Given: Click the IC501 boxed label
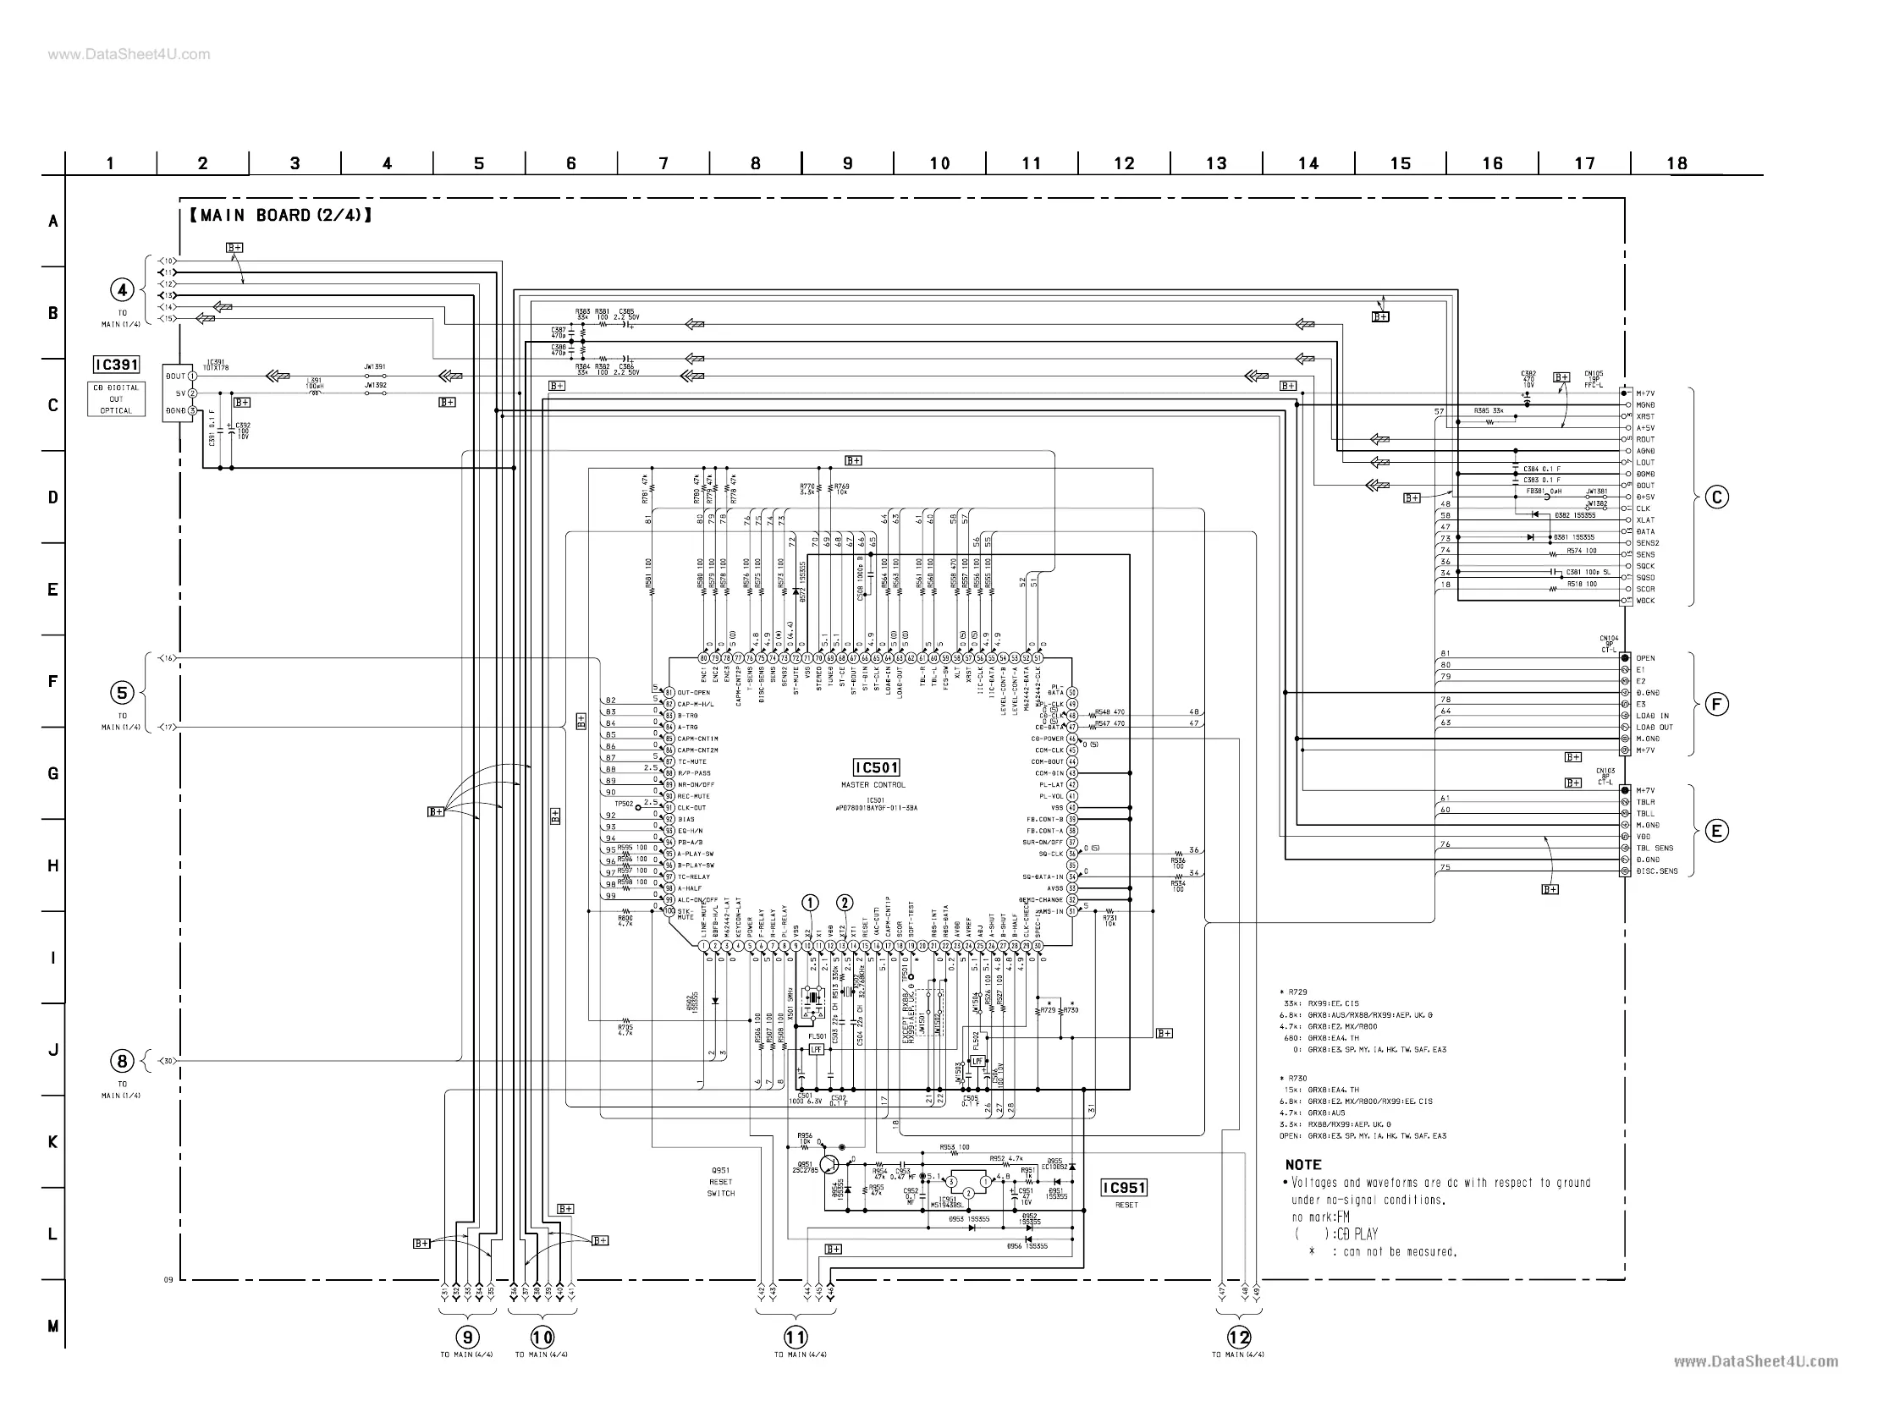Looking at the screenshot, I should pos(876,767).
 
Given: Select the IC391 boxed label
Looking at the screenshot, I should pos(117,365).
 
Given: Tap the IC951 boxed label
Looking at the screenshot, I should pos(1123,1188).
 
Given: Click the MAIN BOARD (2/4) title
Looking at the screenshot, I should pos(280,215).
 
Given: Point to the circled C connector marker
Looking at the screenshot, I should pos(1716,497).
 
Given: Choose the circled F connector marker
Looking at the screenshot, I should pos(1716,705).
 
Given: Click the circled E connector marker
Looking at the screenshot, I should pos(1716,831).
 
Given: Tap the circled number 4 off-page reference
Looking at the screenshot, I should pos(122,290).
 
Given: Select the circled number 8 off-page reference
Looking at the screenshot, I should pos(122,1062).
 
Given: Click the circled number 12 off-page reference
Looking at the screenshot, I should pos(1238,1337).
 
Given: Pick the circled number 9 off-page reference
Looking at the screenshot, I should pos(466,1337).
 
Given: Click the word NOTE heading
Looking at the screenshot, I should pos(1303,1164).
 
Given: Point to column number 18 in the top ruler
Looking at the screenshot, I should pos(1677,163).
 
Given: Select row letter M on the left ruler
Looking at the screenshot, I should pos(53,1327).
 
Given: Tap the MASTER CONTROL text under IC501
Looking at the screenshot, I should pos(873,784).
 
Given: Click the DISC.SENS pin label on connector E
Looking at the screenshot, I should pos(1656,871).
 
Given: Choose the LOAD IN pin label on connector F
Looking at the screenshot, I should pos(1653,716).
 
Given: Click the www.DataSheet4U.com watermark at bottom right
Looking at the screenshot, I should pos(1755,1361).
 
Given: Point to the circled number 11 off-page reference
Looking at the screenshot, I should pos(796,1337).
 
